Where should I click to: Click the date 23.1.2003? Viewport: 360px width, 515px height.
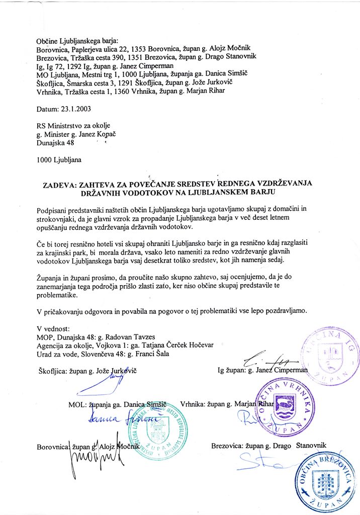click(x=77, y=108)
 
